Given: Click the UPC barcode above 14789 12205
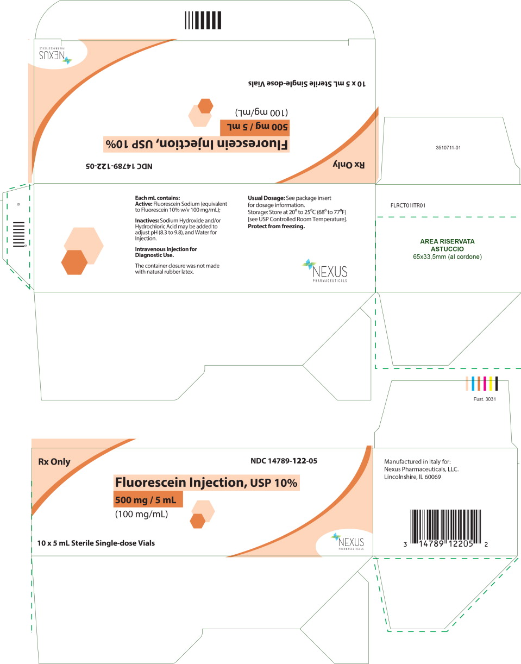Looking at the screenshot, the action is click(x=445, y=526).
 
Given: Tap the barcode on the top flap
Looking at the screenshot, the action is click(x=203, y=20).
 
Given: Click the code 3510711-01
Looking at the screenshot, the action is click(x=448, y=148).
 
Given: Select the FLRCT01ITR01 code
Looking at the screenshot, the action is click(x=407, y=205).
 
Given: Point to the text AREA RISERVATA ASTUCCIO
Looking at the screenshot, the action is click(x=448, y=245).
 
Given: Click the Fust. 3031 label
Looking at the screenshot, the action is click(x=485, y=399).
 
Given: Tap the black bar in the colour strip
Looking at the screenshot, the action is click(x=497, y=384).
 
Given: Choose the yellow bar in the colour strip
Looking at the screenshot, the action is click(x=491, y=384).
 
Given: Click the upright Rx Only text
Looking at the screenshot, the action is click(x=54, y=462).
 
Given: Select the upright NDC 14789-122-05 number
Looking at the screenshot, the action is click(x=284, y=461).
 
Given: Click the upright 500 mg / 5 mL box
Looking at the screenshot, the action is click(x=148, y=499).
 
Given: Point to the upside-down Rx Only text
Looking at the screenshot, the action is click(x=348, y=165).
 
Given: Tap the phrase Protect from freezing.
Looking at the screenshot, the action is click(x=276, y=227).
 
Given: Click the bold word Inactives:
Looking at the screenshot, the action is click(x=147, y=220).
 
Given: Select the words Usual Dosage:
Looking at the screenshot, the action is click(x=266, y=198).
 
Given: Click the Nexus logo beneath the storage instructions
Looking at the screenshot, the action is click(x=325, y=271).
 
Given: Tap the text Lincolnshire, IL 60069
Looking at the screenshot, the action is click(x=412, y=477).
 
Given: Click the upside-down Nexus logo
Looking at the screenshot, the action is click(x=55, y=55).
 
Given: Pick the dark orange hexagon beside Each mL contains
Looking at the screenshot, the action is click(x=74, y=262).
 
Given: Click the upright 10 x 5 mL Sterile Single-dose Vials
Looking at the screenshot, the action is click(x=96, y=543).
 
